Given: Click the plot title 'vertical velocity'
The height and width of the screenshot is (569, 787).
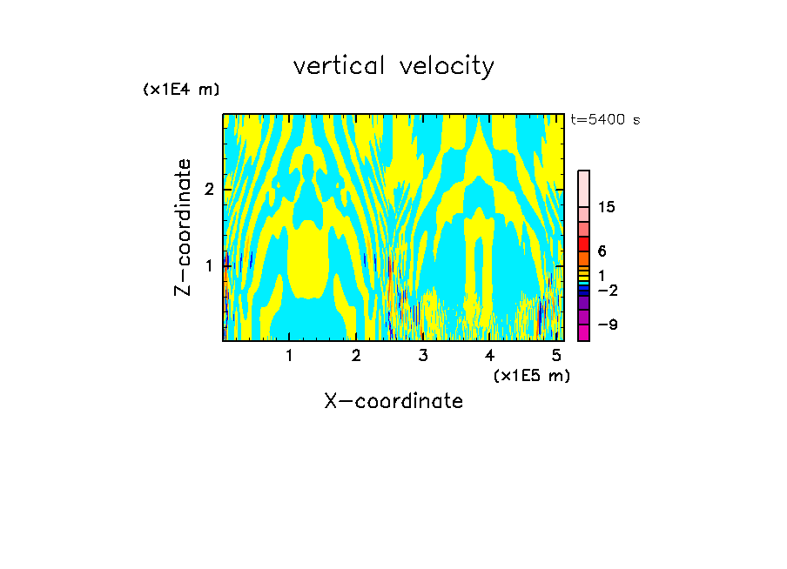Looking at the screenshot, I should click(393, 66).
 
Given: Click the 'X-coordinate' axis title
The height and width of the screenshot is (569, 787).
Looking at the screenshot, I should click(393, 401).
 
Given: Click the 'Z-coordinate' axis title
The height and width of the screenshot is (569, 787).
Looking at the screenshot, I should click(183, 227).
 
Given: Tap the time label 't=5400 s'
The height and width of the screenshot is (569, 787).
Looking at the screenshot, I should click(604, 119).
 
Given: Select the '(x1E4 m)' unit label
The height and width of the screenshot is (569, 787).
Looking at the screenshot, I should click(181, 90).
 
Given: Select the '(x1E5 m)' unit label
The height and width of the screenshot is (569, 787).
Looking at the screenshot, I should click(531, 375).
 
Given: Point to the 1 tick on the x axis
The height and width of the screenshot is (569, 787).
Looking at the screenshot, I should click(289, 355).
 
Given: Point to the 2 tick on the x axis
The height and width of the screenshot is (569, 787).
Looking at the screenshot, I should click(356, 355).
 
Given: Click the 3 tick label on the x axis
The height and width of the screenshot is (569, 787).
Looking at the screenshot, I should click(423, 355).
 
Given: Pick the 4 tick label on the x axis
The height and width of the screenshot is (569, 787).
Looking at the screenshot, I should click(490, 355).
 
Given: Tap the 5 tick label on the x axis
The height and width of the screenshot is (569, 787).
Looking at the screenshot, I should click(557, 355).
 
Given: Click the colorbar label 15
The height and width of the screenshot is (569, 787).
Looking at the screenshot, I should click(607, 207).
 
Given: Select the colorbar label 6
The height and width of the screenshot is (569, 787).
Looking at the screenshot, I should click(602, 251).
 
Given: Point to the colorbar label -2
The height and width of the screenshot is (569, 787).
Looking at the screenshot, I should click(607, 290).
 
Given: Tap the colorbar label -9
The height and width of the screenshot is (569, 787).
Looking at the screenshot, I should click(607, 325).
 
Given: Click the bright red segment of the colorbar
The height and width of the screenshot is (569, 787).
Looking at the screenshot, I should click(583, 244).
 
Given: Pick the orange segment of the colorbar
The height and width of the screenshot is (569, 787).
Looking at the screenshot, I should click(583, 258).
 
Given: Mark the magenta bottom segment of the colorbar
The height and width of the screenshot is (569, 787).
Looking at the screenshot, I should click(583, 332).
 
